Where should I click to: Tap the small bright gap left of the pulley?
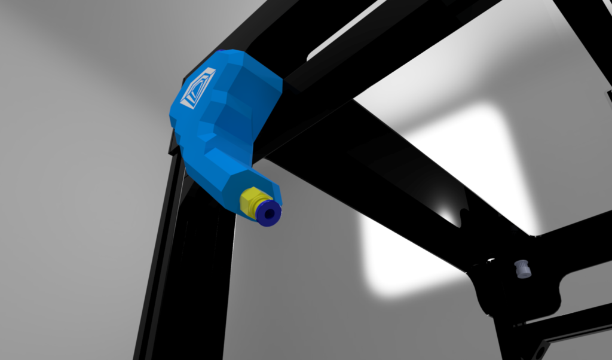coord(491,260)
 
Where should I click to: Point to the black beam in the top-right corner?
coord(589,24)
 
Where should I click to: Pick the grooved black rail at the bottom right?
coord(568,329)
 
